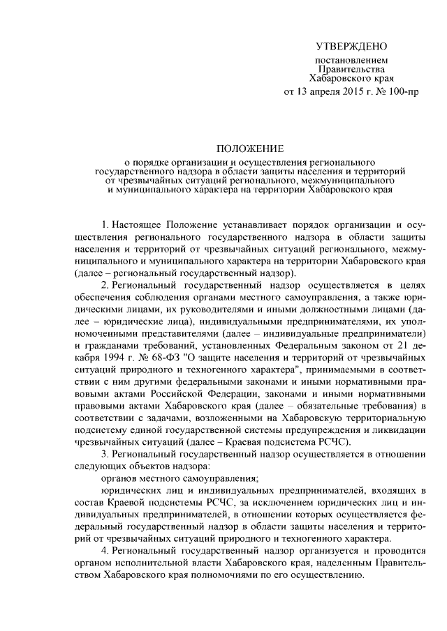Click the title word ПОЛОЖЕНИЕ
click(x=249, y=149)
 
